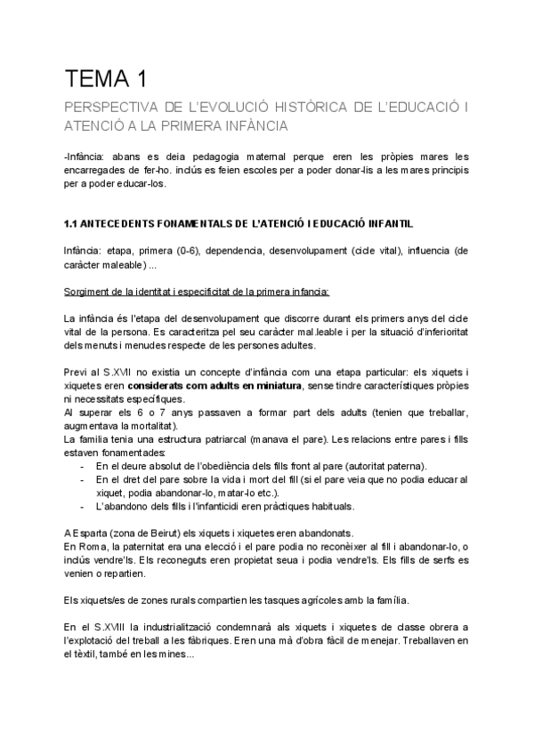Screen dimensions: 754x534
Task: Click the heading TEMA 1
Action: tap(106, 79)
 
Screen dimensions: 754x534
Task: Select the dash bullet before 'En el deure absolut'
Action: tap(83, 466)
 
